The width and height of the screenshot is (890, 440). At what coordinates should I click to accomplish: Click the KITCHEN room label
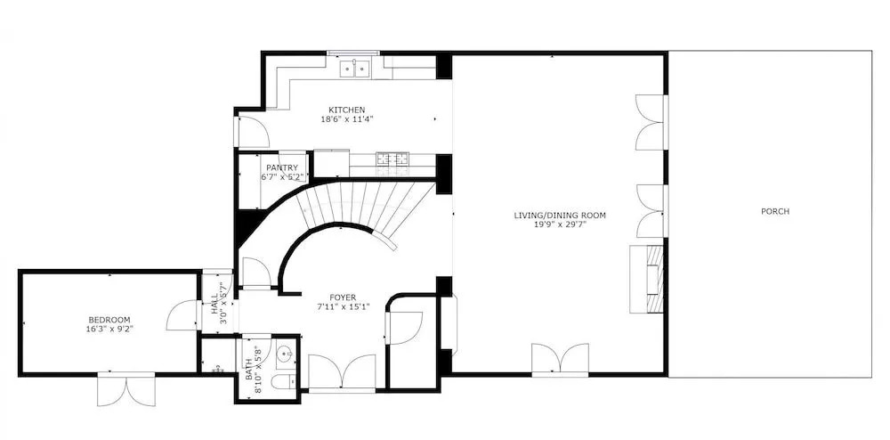click(346, 110)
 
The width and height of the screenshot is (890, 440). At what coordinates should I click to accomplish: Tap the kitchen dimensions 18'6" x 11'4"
click(346, 119)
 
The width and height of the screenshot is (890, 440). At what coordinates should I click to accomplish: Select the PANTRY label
click(282, 168)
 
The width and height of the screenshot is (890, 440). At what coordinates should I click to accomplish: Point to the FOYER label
click(343, 297)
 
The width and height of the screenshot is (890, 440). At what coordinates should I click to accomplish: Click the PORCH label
click(775, 212)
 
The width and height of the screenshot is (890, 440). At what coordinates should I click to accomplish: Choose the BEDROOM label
click(109, 320)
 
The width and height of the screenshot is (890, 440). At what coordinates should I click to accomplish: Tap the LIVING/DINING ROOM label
click(560, 216)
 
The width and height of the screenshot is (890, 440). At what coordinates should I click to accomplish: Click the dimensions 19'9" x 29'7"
click(560, 224)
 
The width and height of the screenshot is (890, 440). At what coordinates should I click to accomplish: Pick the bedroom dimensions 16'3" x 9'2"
click(109, 329)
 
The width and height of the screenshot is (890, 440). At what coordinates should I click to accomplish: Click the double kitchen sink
click(355, 69)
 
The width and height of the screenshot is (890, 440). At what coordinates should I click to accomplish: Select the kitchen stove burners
click(392, 159)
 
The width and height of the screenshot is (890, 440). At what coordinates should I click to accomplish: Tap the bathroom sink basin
click(285, 355)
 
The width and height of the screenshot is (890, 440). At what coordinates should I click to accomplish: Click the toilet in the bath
click(282, 381)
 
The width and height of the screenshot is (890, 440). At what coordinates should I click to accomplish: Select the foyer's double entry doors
click(342, 372)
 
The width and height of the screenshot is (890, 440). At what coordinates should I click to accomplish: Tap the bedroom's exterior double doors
click(126, 389)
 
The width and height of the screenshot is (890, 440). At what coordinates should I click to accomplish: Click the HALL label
click(214, 303)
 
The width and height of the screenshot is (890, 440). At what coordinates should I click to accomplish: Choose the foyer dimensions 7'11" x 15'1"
click(343, 306)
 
